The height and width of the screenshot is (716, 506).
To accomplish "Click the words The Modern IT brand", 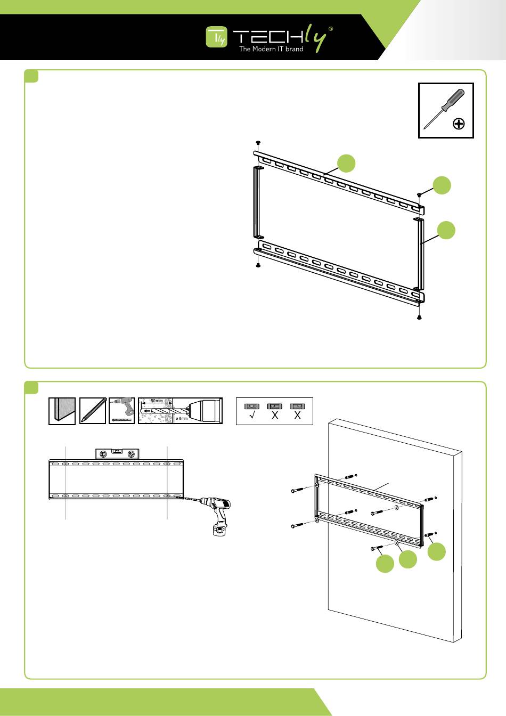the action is pyautogui.click(x=271, y=49).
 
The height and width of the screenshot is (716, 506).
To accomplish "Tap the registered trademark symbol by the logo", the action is pyautogui.click(x=331, y=29).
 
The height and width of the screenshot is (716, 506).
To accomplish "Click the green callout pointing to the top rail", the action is pyautogui.click(x=346, y=163).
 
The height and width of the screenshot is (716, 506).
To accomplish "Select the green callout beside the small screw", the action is pyautogui.click(x=441, y=185).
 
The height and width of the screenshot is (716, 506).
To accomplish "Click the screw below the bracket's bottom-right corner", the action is pyautogui.click(x=419, y=318).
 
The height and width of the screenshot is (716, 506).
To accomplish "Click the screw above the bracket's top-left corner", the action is pyautogui.click(x=258, y=142).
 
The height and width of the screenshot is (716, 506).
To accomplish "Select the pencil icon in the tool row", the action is pyautogui.click(x=92, y=411).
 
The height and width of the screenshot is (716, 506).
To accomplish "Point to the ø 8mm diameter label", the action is pyautogui.click(x=182, y=418).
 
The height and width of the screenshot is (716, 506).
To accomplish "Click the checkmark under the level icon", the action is pyautogui.click(x=251, y=416).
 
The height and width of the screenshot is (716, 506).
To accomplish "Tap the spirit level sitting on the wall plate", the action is pyautogui.click(x=116, y=453).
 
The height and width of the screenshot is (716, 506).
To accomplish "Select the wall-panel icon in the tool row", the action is pyautogui.click(x=62, y=411).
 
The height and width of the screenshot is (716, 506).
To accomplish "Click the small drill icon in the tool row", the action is pyautogui.click(x=121, y=411).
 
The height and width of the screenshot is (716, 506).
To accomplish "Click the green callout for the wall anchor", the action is pyautogui.click(x=436, y=551).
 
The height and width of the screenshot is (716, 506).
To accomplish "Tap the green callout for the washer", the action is pyautogui.click(x=408, y=559).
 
